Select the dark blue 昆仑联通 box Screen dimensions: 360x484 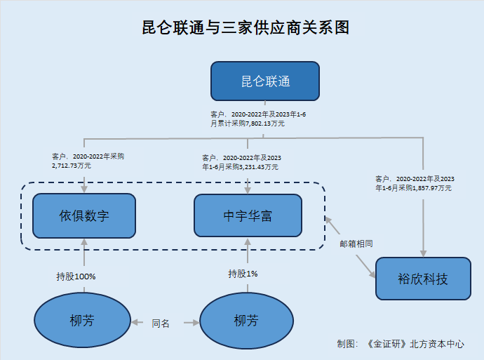[265, 81]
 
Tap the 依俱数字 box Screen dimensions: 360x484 [84, 215]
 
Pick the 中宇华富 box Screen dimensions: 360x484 [248, 215]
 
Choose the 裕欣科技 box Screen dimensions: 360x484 [423, 279]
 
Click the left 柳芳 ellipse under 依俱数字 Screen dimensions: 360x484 [82, 321]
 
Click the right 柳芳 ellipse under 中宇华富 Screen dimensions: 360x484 [246, 321]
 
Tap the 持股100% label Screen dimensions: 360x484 [76, 276]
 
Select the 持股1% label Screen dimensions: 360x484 [243, 274]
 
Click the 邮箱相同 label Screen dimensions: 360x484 [356, 244]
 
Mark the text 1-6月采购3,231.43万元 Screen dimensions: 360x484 [241, 167]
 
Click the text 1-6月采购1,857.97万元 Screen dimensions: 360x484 [414, 188]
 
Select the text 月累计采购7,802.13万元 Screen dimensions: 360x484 [248, 124]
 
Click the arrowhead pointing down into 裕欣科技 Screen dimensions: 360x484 [423, 253]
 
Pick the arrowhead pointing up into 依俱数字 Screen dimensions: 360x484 [84, 241]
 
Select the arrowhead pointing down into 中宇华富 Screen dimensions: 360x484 [248, 188]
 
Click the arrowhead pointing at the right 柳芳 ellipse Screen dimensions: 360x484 [194, 324]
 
